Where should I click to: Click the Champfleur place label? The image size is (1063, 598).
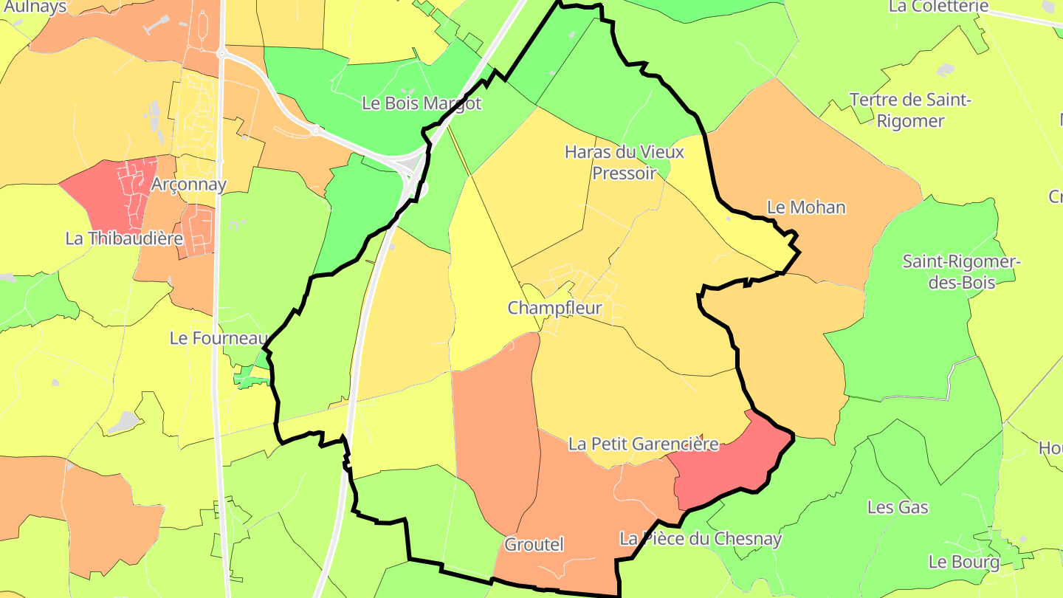pos(554,308)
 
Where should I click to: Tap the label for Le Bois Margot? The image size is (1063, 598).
pos(422,103)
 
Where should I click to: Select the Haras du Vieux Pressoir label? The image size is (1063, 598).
pos(625,162)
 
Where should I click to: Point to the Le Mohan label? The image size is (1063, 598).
pos(806,207)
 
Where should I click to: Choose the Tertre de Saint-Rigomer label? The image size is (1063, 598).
pos(910,110)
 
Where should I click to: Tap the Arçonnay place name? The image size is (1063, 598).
pos(188,185)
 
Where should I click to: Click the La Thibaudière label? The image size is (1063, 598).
pos(124,238)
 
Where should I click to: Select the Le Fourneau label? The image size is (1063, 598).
pos(218,338)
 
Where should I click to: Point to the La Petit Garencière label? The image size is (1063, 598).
pos(643,444)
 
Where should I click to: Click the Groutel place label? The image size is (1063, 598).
pos(534,545)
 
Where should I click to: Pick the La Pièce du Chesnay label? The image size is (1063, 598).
pos(700,539)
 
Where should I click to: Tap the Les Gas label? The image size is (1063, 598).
pos(898,507)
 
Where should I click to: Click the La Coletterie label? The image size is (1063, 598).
pos(938,7)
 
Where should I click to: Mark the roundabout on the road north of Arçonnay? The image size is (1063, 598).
pos(221,53)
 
